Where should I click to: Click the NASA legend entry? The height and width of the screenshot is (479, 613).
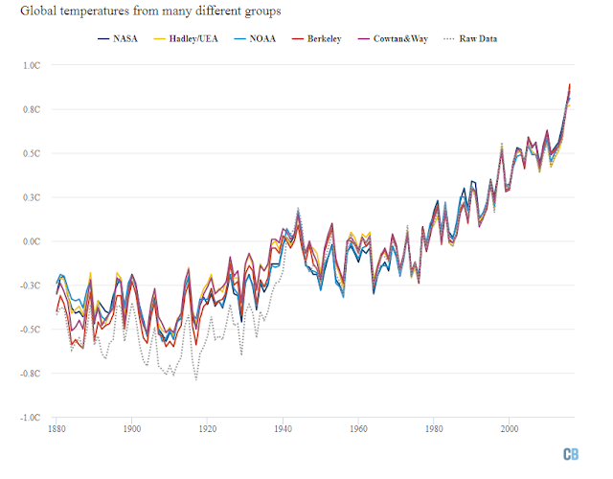click(x=118, y=38)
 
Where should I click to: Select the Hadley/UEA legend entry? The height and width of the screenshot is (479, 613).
click(x=186, y=38)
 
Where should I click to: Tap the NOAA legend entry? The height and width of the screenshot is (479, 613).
click(x=255, y=38)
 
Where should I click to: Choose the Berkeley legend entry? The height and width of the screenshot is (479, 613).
click(x=317, y=38)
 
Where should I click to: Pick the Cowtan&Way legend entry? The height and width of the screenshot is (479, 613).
click(x=393, y=38)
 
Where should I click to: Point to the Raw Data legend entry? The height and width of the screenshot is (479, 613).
click(x=470, y=38)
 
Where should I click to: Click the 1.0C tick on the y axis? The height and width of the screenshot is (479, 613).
click(x=32, y=65)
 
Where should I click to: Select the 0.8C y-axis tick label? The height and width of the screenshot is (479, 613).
click(x=32, y=109)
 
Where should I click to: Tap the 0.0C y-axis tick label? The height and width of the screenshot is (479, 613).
click(x=32, y=241)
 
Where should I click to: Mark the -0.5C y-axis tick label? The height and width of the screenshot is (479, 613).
click(x=30, y=330)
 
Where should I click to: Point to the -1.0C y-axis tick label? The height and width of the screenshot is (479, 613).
click(x=30, y=418)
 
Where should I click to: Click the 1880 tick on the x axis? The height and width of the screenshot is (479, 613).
click(x=57, y=429)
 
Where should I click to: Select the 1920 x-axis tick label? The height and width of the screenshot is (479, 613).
click(x=208, y=429)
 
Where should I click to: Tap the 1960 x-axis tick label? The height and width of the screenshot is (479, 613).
click(x=358, y=429)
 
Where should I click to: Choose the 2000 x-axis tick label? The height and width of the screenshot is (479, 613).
click(x=510, y=429)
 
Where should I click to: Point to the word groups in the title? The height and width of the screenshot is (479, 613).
click(x=262, y=11)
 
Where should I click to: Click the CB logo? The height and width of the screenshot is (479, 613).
click(x=571, y=454)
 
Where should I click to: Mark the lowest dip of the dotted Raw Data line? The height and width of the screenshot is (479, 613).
click(x=195, y=379)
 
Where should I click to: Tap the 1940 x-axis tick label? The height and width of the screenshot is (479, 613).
click(x=284, y=429)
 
